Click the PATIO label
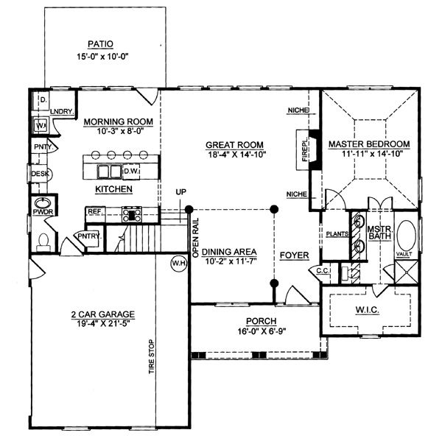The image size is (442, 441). click(99, 44)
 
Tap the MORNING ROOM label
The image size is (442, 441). click(118, 121)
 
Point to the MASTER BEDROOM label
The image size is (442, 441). click(368, 144)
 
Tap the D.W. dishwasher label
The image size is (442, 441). click(131, 172)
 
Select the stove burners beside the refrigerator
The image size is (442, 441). click(132, 214)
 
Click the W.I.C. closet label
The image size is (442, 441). click(368, 311)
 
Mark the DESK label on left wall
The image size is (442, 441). click(38, 174)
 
